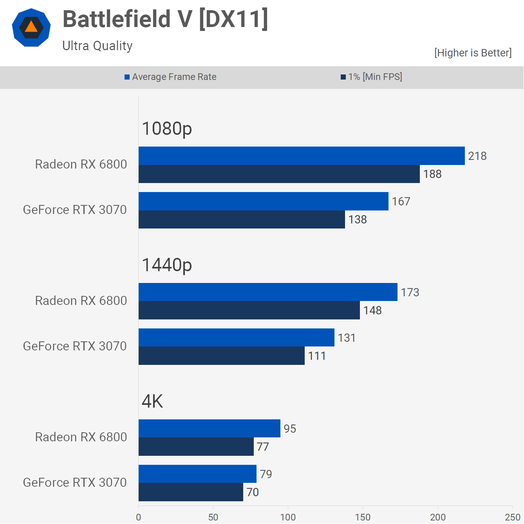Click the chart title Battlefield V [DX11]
point(165,19)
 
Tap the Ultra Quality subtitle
point(98,46)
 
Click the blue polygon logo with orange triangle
point(31,27)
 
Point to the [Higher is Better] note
point(473,53)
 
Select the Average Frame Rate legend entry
point(171,77)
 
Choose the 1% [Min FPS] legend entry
point(372,77)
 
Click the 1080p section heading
point(167,129)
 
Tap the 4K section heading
point(152,401)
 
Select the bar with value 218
point(302,156)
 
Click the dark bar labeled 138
point(242,219)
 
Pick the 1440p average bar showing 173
point(268,292)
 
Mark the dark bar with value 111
point(222,356)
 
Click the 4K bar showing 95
point(210,428)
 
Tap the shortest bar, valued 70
point(191,492)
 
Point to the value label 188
point(432,174)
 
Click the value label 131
point(347,338)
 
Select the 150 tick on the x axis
point(363,517)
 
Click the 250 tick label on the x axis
point(512,517)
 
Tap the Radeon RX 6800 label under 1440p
point(81,301)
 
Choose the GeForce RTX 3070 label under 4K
point(75,482)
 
